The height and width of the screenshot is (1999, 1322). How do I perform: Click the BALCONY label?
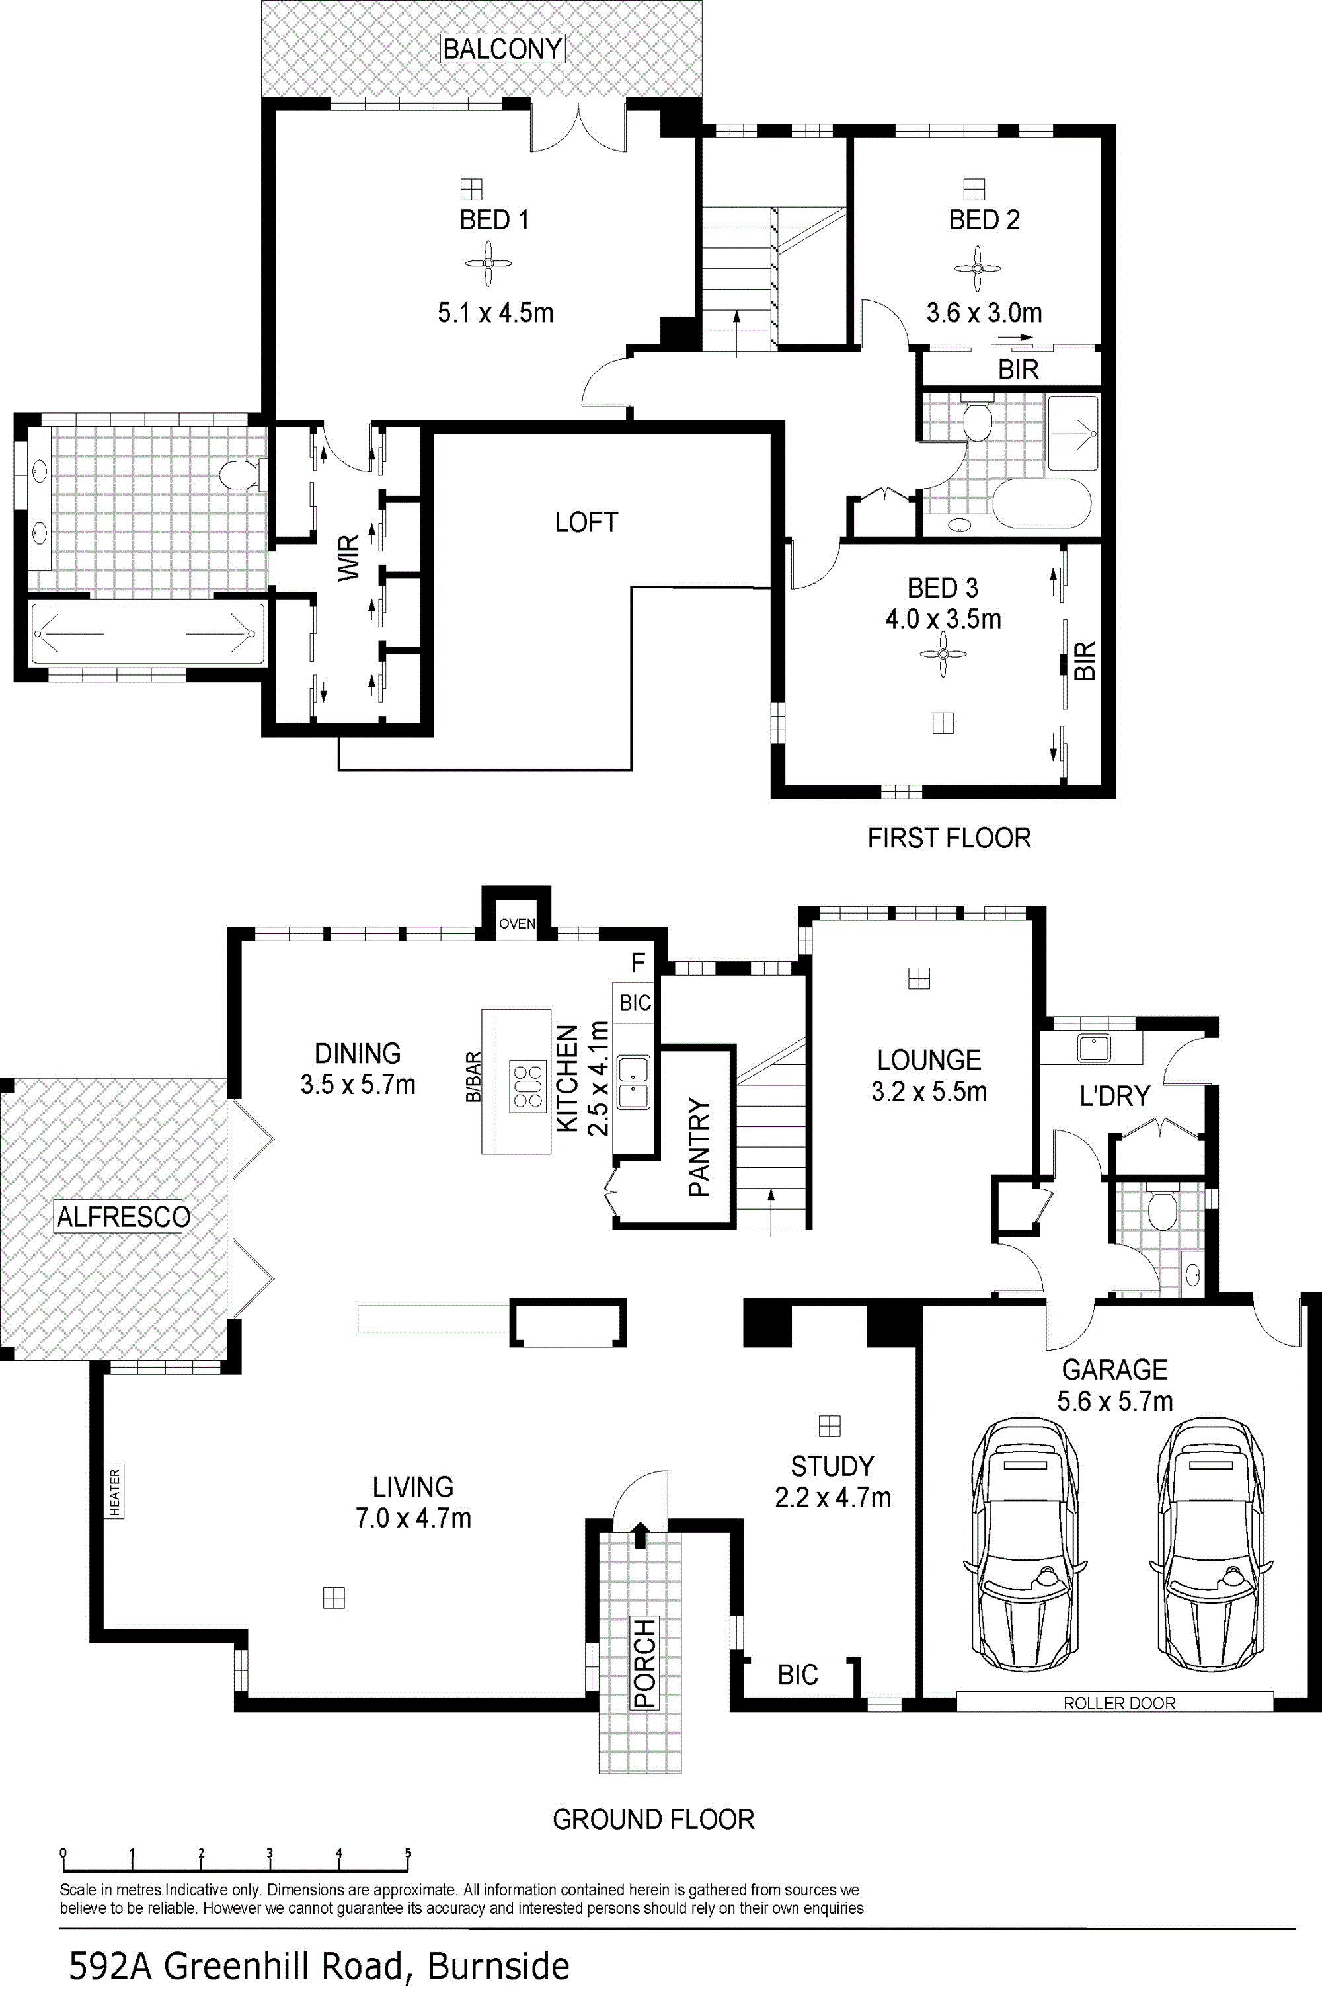coord(502,49)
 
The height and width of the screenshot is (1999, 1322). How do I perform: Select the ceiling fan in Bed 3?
coord(943,654)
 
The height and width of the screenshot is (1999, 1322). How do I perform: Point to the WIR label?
coord(348,557)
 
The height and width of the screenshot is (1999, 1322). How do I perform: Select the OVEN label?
coord(517,924)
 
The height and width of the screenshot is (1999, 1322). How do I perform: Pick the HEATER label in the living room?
coord(114,1491)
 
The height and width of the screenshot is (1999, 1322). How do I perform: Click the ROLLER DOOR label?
coord(1119,1703)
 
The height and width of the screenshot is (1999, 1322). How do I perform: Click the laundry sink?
coord(1093,1048)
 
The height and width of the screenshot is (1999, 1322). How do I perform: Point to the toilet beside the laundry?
coord(1163,1209)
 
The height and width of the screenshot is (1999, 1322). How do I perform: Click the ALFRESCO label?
coord(123,1216)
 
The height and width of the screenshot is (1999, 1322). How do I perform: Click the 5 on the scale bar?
coord(408,1852)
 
